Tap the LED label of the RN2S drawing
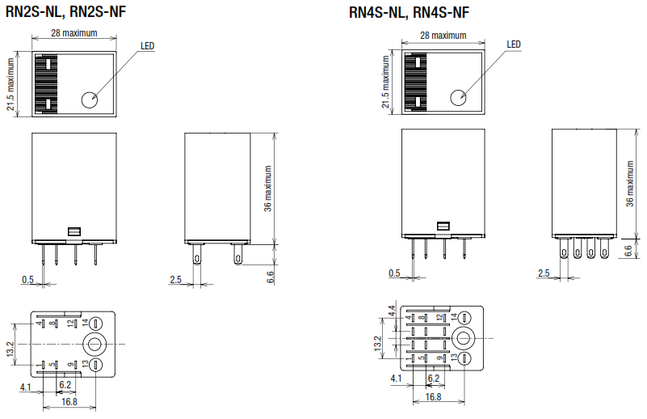147,46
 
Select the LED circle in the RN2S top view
89,99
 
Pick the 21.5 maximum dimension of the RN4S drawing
384,83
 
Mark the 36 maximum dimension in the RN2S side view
268,188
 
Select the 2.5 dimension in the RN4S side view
544,273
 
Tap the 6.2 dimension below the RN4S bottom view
433,378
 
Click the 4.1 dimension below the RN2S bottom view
26,387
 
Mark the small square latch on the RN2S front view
74,231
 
